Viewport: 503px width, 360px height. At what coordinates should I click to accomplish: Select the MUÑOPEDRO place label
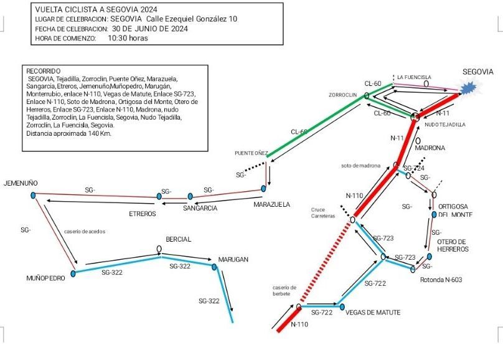coord(46,278)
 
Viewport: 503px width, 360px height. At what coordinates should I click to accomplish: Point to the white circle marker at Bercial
coord(159,250)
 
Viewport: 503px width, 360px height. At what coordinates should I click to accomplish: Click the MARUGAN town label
coord(233,260)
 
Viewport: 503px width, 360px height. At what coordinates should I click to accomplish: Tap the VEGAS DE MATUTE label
coord(373,312)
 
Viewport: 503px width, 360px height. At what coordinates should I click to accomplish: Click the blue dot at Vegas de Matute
coord(342,306)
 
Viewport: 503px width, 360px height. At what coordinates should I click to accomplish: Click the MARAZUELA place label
coord(272,204)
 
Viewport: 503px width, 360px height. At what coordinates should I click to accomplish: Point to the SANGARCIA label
coord(200,208)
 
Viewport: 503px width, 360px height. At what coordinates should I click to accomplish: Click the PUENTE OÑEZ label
coord(251,153)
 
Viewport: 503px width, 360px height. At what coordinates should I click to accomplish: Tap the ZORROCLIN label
coord(343,95)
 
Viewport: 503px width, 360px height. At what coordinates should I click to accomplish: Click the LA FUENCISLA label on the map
coord(415,77)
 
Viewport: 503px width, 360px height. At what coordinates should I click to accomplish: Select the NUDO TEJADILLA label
coord(445,125)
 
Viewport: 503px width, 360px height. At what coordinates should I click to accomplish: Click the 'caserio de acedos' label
coord(85,231)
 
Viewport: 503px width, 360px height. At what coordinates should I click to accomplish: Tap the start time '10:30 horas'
coord(128,38)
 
